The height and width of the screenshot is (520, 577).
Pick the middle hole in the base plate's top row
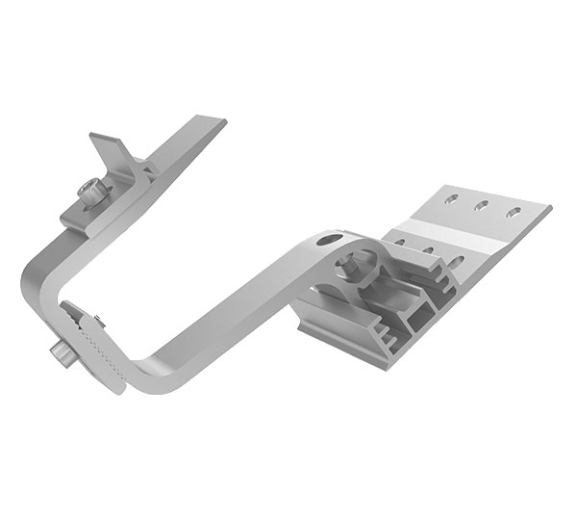click(483, 206)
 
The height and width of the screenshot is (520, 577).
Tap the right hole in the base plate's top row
click(516, 212)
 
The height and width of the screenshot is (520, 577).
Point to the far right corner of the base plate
click(552, 206)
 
